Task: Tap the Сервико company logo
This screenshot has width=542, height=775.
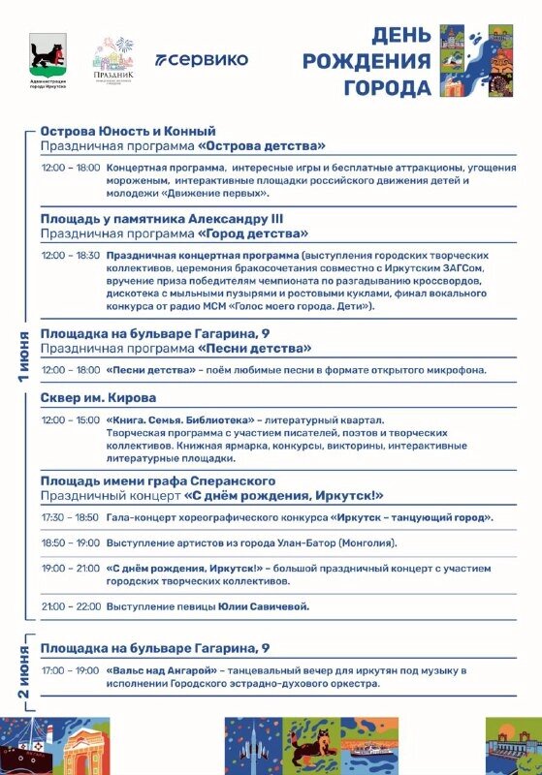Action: point(202,59)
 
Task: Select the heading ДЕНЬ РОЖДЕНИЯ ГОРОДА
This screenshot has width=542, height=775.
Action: point(367,62)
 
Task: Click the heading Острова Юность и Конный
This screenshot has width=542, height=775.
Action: point(128,131)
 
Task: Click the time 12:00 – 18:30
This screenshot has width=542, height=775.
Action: point(71,255)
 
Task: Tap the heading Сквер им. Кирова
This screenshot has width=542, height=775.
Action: point(98,397)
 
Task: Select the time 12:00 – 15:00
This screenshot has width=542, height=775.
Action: point(71,420)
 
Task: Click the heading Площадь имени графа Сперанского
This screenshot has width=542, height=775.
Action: point(158,480)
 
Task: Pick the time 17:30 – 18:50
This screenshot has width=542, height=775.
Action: point(71,517)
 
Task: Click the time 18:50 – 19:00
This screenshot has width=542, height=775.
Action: point(71,543)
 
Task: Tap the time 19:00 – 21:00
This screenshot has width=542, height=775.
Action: point(71,569)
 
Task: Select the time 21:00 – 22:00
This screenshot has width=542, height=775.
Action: point(71,606)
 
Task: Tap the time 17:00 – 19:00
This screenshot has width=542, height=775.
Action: point(71,670)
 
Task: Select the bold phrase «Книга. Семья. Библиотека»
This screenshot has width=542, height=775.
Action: point(180,420)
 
